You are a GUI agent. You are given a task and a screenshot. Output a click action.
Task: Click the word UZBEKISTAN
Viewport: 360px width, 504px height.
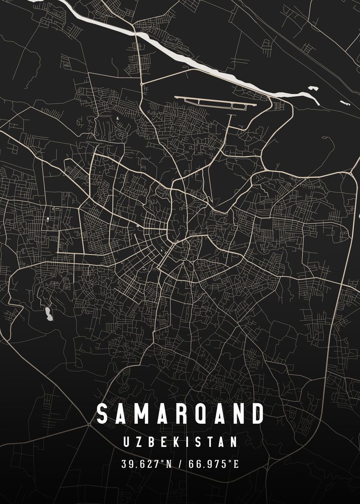click(180, 442)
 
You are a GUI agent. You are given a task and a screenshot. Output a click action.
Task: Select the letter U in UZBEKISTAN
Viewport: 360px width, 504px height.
click(127, 442)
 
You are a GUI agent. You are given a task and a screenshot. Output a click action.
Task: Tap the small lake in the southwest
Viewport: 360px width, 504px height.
click(49, 314)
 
